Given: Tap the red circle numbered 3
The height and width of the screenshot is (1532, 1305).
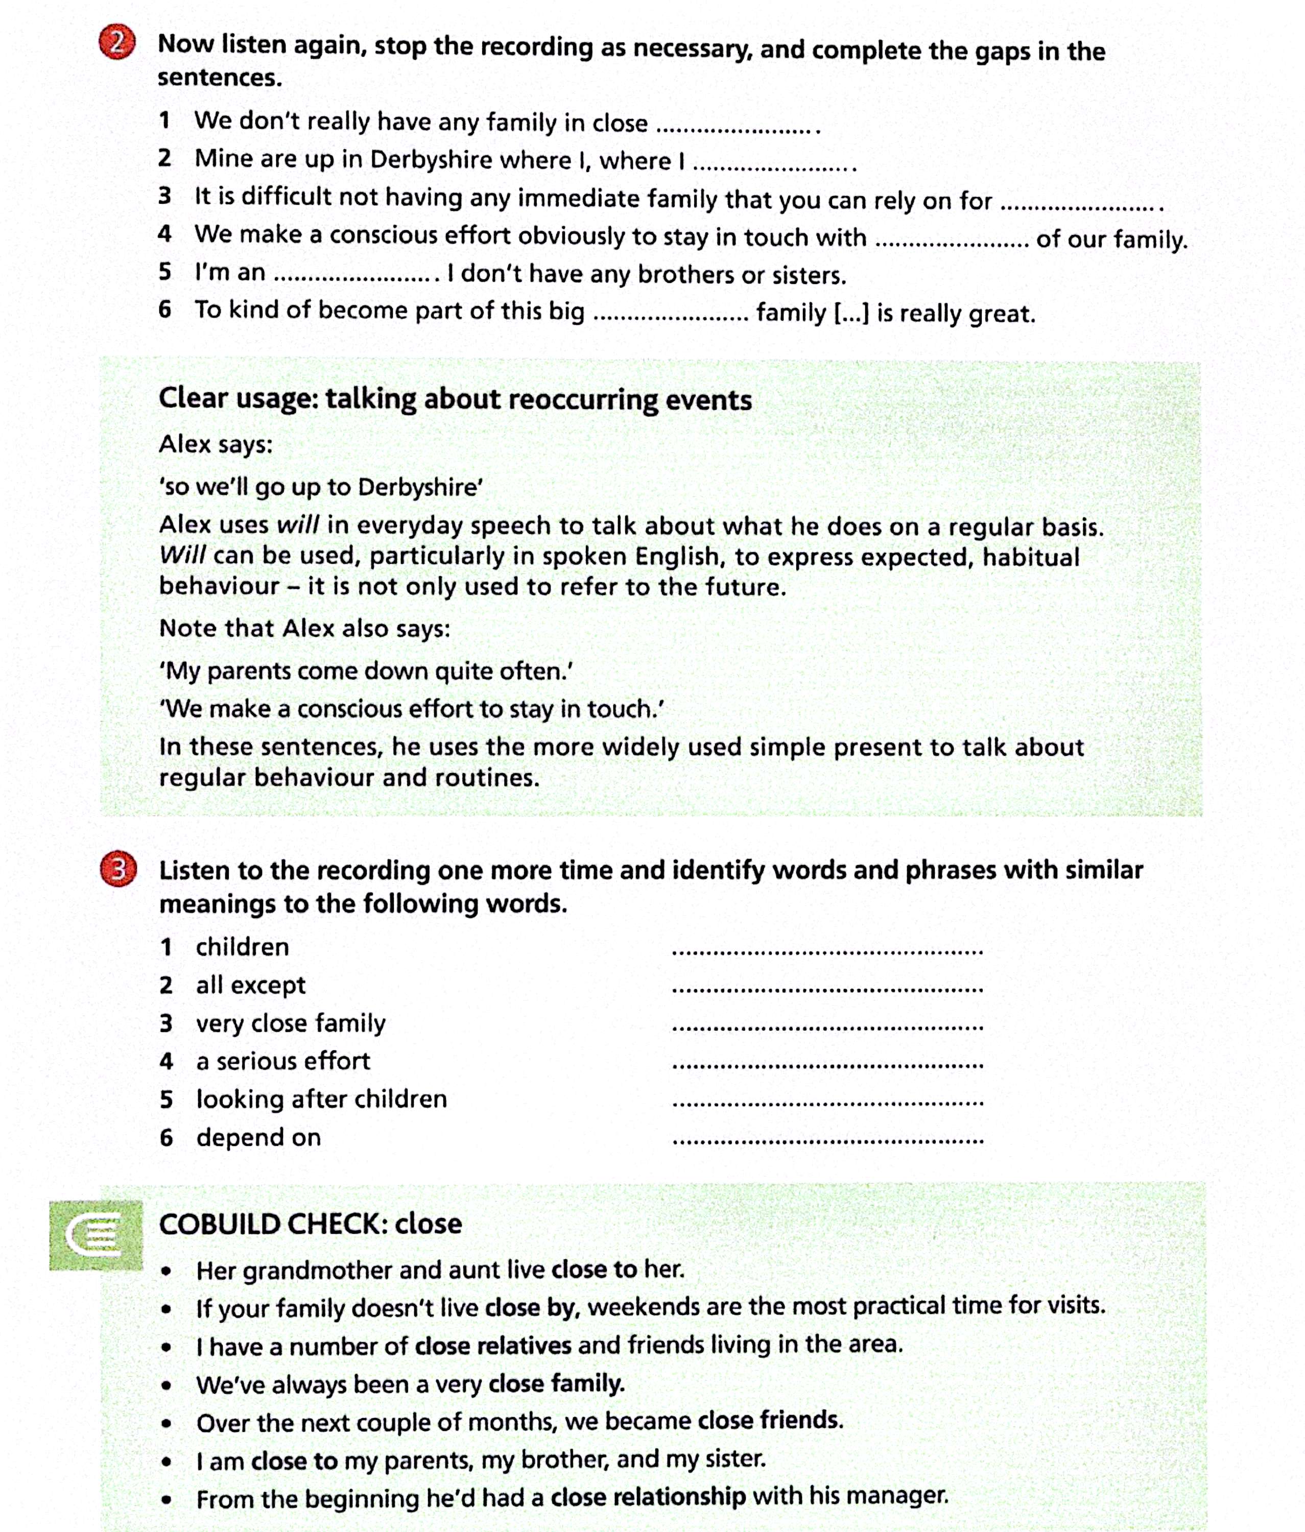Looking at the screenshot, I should [x=118, y=870].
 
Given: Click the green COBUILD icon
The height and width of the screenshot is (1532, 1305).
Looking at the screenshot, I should [x=96, y=1234].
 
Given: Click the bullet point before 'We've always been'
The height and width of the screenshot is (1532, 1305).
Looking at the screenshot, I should [x=169, y=1385].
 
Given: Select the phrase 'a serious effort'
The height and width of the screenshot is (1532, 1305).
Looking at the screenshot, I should [x=282, y=1061].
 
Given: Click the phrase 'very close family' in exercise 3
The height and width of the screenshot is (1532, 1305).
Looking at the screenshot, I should [x=291, y=1023].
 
